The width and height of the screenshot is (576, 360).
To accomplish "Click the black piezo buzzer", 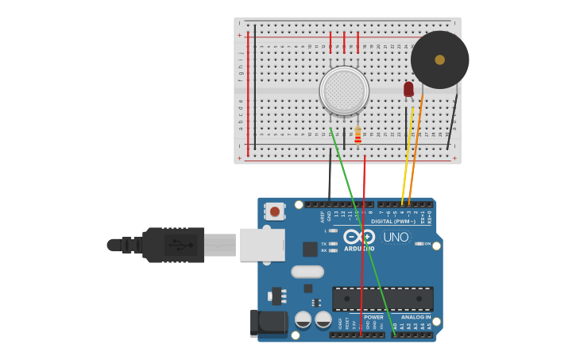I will pos(439,60).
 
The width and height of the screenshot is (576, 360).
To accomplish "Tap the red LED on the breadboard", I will pos(408,89).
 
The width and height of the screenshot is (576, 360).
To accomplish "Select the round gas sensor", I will pos(344,90).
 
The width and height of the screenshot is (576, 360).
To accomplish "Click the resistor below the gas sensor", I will pos(358,136).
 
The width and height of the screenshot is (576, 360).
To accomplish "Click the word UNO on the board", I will pos(396,237).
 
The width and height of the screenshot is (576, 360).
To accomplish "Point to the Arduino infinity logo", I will pos(359,237).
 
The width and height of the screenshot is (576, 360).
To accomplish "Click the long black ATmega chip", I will pos(382,299).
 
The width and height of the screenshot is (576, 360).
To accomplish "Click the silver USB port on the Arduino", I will pos(262,245).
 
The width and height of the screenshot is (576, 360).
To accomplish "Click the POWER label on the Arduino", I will pos(373,317).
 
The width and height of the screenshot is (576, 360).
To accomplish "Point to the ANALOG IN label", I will pos(416,317).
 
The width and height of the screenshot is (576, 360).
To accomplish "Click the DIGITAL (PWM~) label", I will pos(393,221).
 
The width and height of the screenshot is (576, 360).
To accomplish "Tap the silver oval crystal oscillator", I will pos(307,272).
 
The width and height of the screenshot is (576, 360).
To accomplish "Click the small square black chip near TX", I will pos(310,250).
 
